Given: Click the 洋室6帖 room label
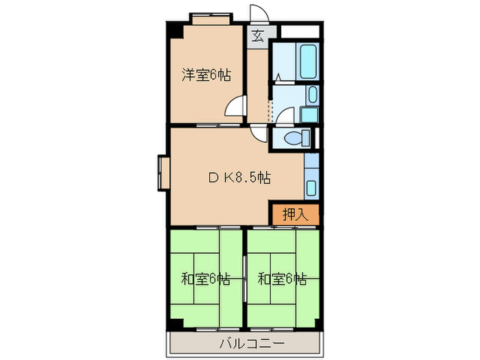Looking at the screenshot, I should (205, 75).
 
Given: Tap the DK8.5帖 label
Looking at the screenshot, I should (239, 178).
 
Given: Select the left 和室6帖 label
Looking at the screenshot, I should (205, 279).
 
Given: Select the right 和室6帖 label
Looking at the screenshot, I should (282, 279).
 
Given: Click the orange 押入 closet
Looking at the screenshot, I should (296, 214).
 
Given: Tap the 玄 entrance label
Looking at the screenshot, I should (258, 36).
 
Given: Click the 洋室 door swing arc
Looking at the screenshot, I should (237, 106).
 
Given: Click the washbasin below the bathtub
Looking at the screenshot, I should (311, 95).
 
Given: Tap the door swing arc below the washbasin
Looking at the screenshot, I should (287, 116).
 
